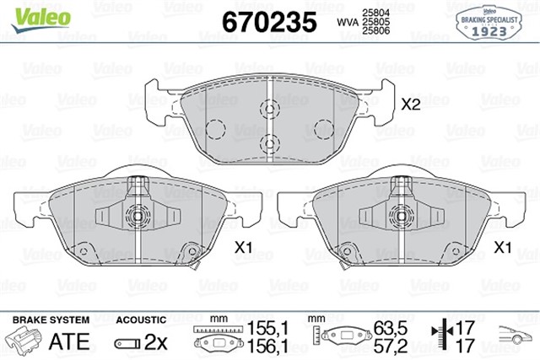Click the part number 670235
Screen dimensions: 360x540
pos(267,21)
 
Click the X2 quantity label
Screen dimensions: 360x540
pos(410,105)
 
